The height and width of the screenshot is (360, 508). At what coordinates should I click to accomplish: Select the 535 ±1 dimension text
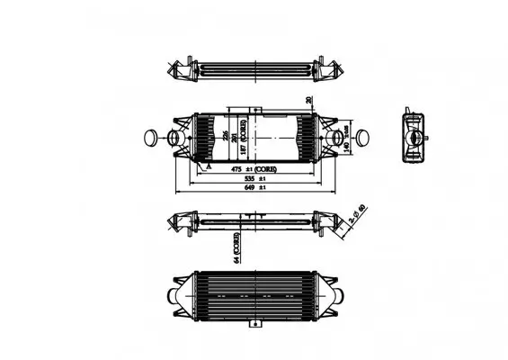[x=255, y=179]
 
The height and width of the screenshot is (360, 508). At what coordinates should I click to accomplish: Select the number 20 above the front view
[x=308, y=100]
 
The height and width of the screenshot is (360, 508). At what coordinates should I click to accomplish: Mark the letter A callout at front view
[x=208, y=167]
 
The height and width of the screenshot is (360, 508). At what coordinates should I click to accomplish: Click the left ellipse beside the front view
[x=150, y=138]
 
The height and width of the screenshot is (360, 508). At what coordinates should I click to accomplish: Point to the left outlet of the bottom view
[x=174, y=296]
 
